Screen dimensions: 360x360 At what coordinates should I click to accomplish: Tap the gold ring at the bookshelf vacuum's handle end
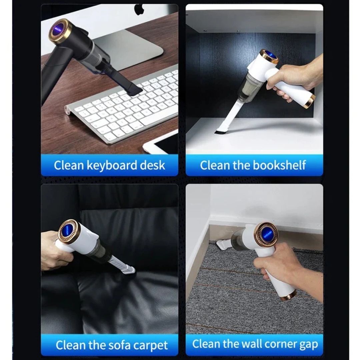pyautogui.click(x=310, y=101)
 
